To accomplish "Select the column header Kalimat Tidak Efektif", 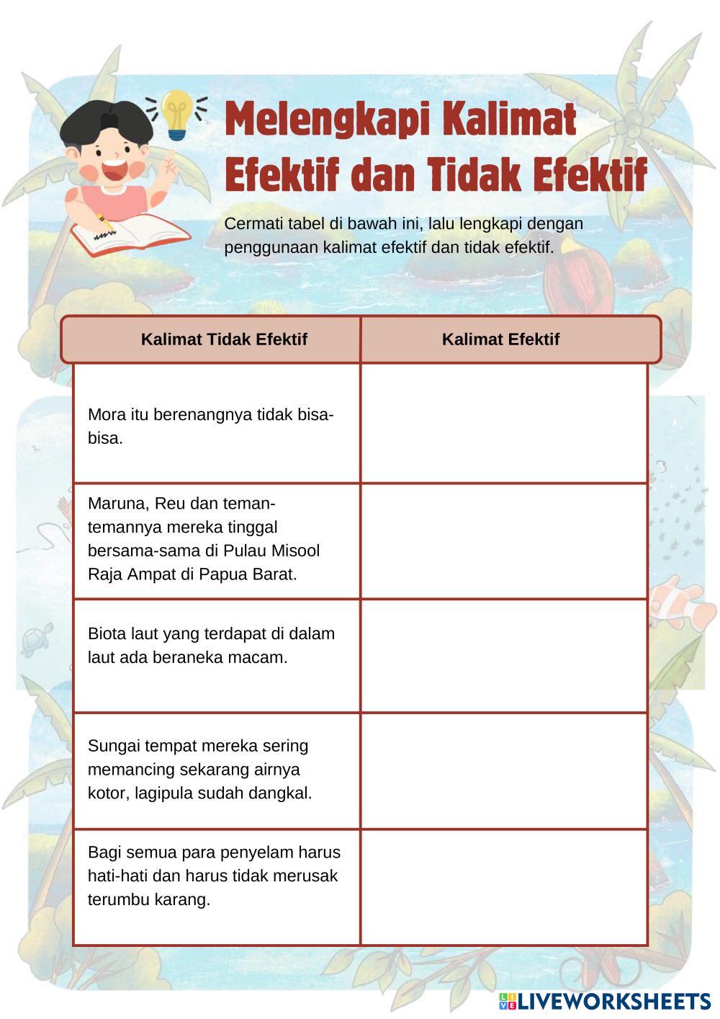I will click(x=224, y=339).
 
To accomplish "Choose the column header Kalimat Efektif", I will click(x=500, y=339).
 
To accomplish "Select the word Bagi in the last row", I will click(x=104, y=853).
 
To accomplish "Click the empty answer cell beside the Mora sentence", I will click(x=504, y=423).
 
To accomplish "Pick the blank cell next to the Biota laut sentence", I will click(x=504, y=656).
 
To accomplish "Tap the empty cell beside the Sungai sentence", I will click(x=504, y=771).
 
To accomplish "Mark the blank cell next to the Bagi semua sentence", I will click(x=504, y=887).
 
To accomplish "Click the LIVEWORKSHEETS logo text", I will click(x=613, y=1001).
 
